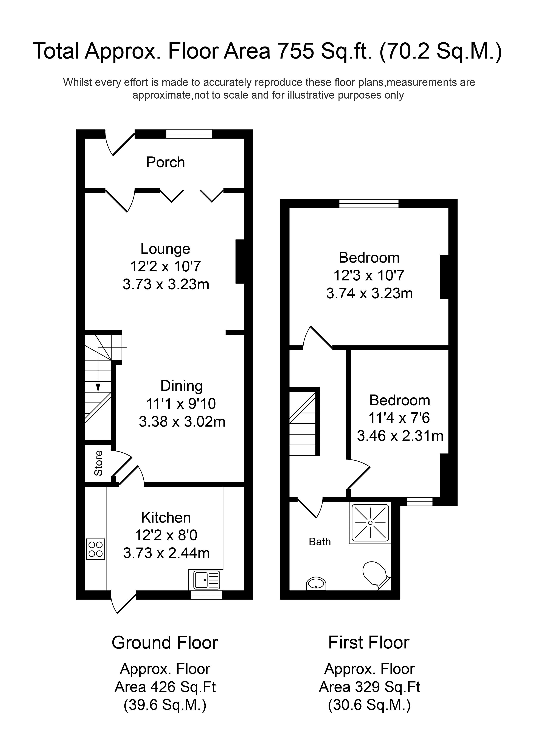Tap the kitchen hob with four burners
[95, 549]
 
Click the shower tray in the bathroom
[370, 523]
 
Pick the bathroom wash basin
[316, 584]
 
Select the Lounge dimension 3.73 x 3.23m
[166, 284]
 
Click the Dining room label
[181, 386]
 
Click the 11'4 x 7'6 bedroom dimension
[399, 418]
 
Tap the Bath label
[320, 541]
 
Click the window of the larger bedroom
[369, 204]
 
